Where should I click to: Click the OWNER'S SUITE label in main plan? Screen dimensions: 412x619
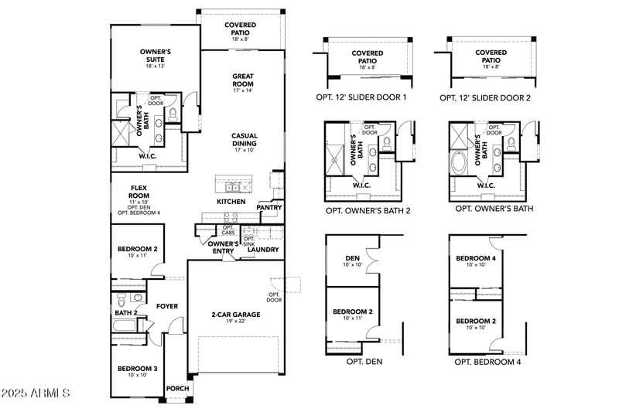coord(155,55)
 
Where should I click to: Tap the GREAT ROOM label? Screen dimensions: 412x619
coord(244,80)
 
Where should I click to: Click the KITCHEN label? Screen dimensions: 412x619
coord(231,202)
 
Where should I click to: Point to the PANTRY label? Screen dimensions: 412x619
coord(269,207)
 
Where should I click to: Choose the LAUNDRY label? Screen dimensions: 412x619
coord(263,250)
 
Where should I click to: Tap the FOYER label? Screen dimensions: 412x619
coord(167,306)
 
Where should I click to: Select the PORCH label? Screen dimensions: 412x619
coord(177,388)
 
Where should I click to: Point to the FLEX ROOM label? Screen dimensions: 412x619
coord(139,188)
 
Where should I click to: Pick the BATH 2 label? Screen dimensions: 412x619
coord(126,313)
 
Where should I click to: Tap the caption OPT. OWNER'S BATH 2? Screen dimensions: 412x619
coord(368,209)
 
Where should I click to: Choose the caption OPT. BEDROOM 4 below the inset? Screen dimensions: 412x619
coord(487,361)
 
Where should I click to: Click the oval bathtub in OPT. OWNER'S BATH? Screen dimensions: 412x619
coord(459,163)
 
